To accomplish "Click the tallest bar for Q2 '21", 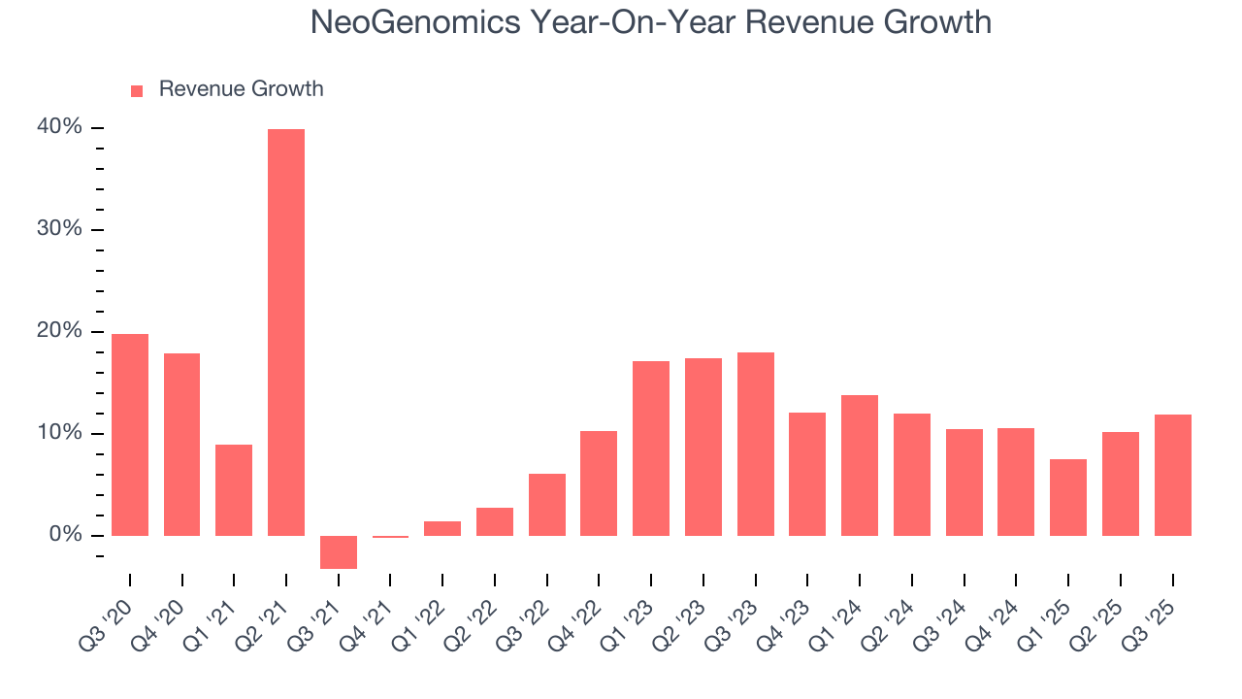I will click(286, 332).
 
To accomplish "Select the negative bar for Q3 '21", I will click(339, 551).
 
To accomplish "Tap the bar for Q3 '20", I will click(130, 434).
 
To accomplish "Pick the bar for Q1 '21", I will click(234, 489).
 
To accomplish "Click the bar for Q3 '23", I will click(756, 444).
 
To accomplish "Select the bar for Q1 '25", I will click(1068, 497).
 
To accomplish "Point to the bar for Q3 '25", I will click(1172, 475).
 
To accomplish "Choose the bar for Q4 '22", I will click(599, 483).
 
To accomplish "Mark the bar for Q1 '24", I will click(860, 465).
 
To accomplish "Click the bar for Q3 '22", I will click(547, 504).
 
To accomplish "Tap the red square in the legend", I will click(137, 90).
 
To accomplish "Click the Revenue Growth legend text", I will click(241, 89).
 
